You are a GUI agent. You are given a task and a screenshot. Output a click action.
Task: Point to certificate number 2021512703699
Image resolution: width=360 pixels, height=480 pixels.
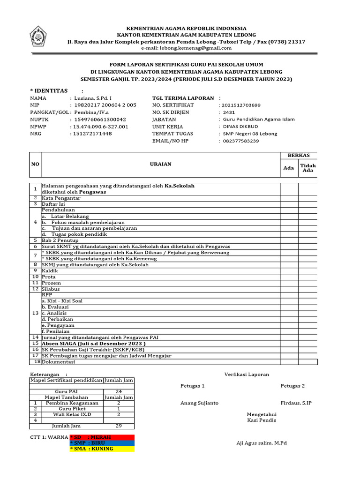(x=241, y=105)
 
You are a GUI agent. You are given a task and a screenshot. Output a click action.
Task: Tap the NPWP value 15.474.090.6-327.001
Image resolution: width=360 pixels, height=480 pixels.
(x=99, y=127)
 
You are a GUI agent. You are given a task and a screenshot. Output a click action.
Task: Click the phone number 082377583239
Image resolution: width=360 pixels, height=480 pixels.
(x=241, y=141)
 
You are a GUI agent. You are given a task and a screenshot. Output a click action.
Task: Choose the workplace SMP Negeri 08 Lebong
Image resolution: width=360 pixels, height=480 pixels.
(x=250, y=134)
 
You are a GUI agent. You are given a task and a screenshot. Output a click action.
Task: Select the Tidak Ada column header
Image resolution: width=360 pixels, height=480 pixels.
(x=308, y=168)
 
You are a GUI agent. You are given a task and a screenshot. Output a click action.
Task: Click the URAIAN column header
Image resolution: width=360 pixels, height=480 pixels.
(x=160, y=164)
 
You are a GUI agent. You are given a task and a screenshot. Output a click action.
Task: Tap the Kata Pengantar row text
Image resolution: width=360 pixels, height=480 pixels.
(x=61, y=198)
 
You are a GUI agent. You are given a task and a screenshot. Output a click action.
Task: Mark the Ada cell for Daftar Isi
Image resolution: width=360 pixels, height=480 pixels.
(x=289, y=204)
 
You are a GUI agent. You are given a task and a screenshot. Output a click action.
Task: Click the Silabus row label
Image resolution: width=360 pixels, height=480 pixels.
(x=51, y=289)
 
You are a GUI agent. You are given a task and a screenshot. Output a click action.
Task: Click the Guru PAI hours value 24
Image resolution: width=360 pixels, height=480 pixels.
(x=119, y=391)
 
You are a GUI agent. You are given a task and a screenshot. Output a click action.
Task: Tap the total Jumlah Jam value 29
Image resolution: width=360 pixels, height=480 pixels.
(x=119, y=426)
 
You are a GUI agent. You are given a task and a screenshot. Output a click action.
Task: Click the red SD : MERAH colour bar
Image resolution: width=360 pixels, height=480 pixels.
(x=102, y=437)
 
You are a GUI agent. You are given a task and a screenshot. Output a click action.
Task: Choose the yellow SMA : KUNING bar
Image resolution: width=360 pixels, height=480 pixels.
(x=102, y=449)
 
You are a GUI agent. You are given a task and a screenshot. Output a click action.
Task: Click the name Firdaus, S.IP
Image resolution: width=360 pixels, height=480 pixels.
(x=296, y=403)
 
